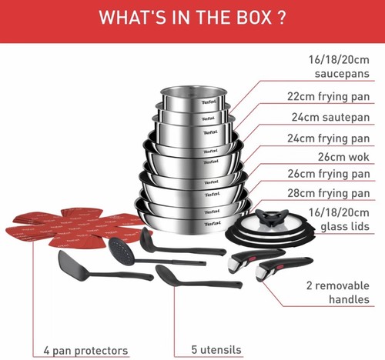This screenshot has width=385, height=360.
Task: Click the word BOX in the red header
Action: tap(254, 17)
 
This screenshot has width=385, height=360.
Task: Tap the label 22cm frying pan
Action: tap(328, 97)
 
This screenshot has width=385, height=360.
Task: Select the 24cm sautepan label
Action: tap(330, 118)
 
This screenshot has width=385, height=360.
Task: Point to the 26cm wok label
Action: tap(343, 157)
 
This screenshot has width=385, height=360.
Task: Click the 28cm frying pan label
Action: tap(329, 193)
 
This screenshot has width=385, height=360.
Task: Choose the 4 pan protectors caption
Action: tap(85, 351)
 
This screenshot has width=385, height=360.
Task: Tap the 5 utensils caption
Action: tap(216, 350)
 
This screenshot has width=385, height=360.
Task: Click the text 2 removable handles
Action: tap(338, 292)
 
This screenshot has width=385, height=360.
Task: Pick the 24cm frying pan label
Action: tap(329, 138)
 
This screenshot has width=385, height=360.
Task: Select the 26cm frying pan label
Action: tap(329, 174)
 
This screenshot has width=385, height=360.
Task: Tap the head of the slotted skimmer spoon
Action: tap(119, 248)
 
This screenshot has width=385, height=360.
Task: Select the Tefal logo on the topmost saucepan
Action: tap(209, 102)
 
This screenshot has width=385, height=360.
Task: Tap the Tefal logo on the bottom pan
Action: tap(213, 224)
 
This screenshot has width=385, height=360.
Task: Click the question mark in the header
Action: tap(282, 17)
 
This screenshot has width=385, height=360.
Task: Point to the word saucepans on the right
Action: tap(342, 74)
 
